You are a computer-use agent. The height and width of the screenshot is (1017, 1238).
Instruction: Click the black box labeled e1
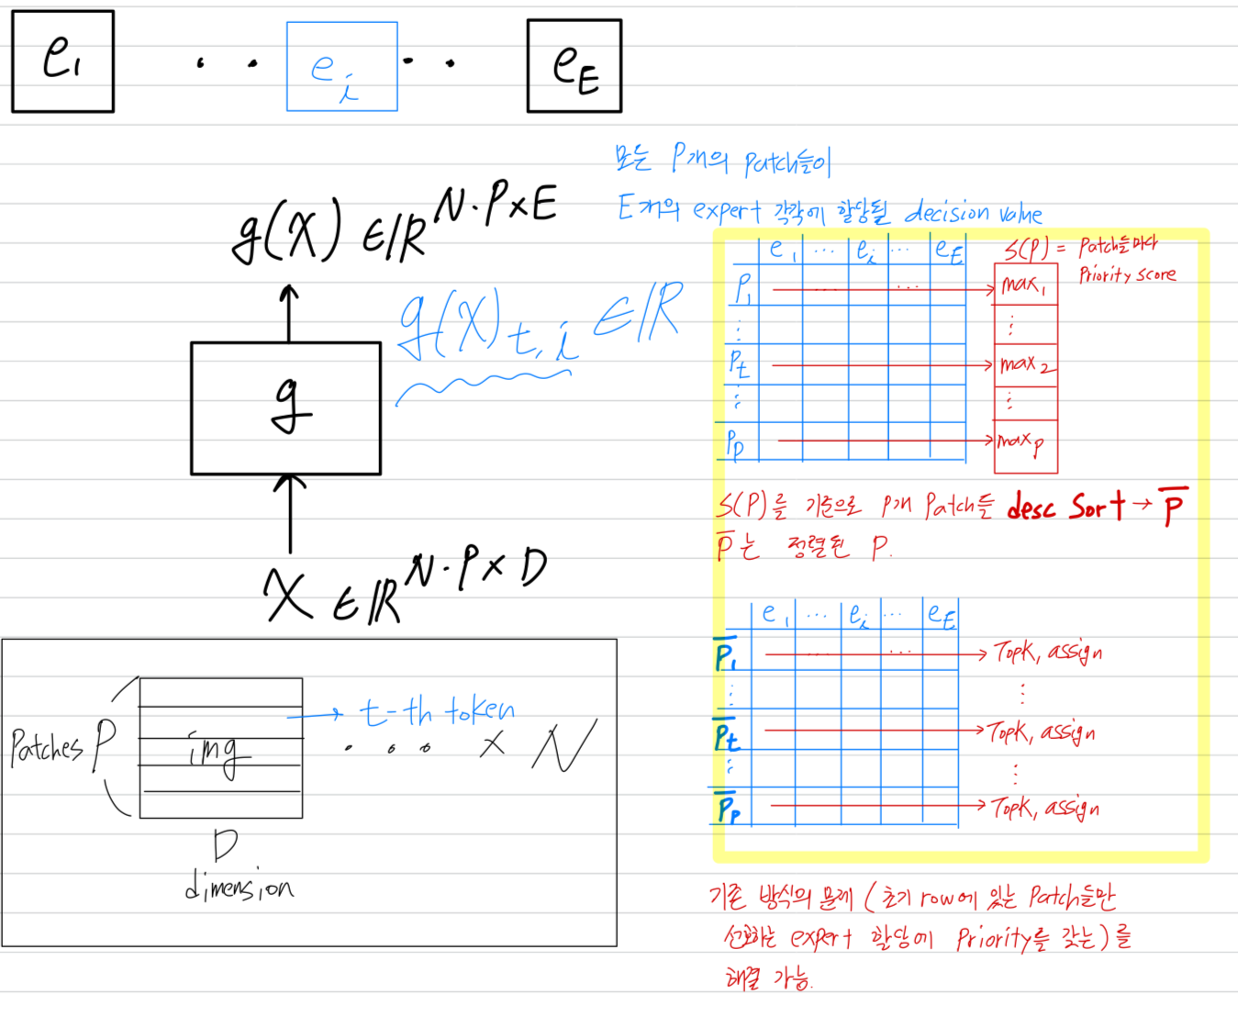pos(62,61)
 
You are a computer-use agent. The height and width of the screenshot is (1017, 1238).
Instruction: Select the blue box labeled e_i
pos(341,67)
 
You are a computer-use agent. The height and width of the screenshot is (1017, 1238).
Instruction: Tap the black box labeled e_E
pos(574,66)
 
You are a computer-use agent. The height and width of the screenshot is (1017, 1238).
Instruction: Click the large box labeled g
pos(285,408)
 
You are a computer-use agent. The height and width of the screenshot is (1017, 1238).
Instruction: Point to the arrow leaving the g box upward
pos(289,312)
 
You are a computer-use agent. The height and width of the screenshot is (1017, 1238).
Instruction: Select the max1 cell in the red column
pos(1025,285)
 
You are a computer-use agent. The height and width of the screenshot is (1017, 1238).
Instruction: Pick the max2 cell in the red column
pos(1026,365)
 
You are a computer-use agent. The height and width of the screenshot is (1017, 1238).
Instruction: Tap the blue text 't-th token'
pos(437,711)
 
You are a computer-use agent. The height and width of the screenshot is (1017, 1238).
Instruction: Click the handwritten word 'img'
pos(217,753)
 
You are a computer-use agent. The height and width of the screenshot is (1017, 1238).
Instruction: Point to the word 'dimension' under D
pos(240,888)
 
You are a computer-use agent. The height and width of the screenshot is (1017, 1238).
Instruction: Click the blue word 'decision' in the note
pos(946,213)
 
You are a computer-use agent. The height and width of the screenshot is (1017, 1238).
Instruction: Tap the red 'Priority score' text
pos(1127,274)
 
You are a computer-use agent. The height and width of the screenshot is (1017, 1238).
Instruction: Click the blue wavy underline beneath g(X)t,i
pos(482,385)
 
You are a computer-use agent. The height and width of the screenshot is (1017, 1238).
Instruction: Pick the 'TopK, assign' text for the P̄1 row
pos(1048,653)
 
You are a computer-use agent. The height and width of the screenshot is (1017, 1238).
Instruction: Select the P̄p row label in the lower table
pos(729,807)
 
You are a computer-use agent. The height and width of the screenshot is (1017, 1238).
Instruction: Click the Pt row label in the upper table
pos(739,363)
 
